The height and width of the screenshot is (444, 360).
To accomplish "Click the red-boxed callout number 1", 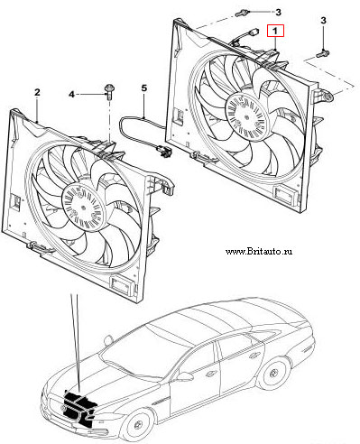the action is pos(275,31).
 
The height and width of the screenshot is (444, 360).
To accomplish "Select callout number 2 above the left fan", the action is pos(37,92).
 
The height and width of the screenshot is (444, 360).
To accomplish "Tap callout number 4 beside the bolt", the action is pos(71,95).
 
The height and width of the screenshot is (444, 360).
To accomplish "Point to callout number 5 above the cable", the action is pos(144,88).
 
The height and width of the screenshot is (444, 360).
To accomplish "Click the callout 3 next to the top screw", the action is pos(278,12).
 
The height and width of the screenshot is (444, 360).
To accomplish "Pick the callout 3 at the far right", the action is pos(323,21).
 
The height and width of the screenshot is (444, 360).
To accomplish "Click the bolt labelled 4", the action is pos(108,92).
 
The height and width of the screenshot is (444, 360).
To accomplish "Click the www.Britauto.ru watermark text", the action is pos(259,251).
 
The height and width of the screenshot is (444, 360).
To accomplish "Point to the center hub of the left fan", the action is pos(82,208).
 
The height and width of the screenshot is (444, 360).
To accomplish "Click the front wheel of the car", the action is pos(139,424).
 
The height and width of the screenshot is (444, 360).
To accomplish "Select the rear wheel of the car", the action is pos(274,373).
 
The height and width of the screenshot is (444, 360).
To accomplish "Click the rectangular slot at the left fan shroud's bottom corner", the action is pos(122,284).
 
